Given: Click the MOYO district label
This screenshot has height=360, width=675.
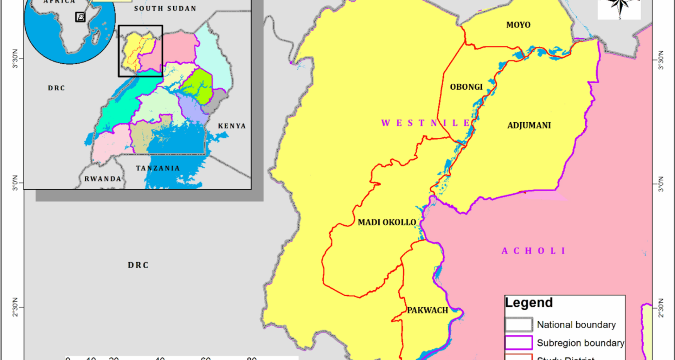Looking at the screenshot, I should click(518, 25).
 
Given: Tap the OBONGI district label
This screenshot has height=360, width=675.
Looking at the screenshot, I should click(466, 87).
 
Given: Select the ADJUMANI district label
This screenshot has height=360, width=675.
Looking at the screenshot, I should click(529, 126).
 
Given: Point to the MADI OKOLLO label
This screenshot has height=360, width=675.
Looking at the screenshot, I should click(387, 222).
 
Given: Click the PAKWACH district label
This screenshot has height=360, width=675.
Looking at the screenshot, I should click(427, 310).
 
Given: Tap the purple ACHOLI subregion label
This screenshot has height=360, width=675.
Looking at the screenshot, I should click(533, 251).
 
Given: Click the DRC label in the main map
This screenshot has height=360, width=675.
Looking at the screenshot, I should click(138, 265).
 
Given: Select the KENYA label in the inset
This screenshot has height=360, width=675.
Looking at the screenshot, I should click(232, 126).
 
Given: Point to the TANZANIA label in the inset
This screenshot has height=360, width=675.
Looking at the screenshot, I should click(158, 168).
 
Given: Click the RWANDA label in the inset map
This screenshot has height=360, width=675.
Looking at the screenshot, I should click(103, 179).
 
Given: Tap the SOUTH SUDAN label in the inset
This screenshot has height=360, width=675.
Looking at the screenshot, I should click(165, 8).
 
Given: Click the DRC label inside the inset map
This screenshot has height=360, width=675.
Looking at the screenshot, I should click(56, 88).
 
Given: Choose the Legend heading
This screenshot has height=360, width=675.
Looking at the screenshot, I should click(529, 303).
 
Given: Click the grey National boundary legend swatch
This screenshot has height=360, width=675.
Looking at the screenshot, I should click(519, 324).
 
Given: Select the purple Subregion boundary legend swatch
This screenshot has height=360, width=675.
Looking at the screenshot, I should click(519, 342).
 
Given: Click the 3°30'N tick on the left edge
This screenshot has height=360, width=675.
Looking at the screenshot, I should click(15, 59).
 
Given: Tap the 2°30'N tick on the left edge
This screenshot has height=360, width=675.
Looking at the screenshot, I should click(15, 307).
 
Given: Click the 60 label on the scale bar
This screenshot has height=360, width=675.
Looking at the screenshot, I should click(205, 358).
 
